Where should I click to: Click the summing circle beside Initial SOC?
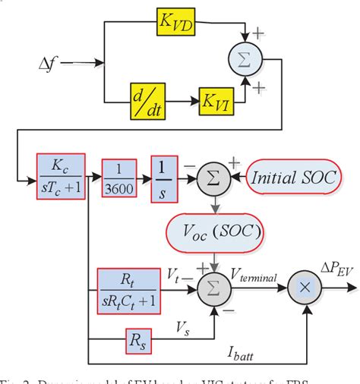point(213,178)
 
